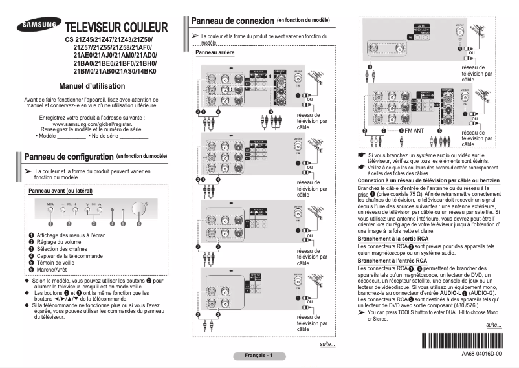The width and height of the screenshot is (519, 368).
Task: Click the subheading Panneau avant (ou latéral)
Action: click(61, 191)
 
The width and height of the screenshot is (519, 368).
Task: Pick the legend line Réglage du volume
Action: click(60, 241)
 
